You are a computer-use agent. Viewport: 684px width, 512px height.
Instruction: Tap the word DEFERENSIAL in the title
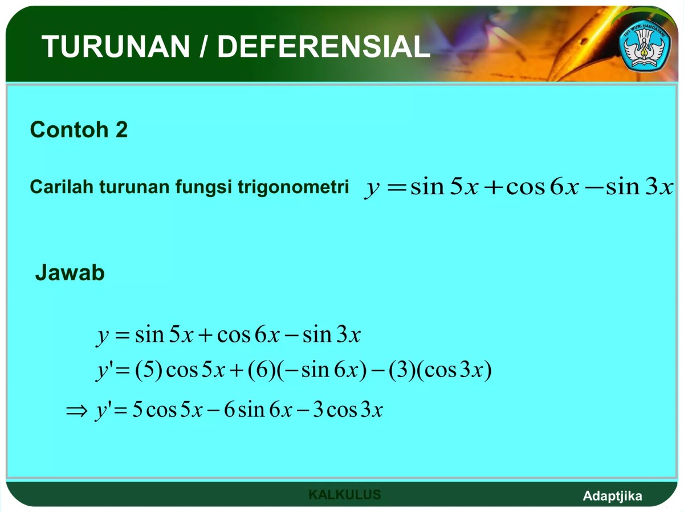[x=324, y=47]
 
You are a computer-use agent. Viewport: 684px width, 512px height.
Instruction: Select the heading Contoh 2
[x=79, y=130]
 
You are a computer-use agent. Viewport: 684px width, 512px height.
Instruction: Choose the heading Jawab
[x=70, y=273]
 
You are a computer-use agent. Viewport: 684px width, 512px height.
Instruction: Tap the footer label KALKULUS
[x=344, y=494]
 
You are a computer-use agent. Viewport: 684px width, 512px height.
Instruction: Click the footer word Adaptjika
[x=612, y=496]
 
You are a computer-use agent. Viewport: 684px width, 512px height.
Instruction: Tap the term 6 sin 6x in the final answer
[x=258, y=410]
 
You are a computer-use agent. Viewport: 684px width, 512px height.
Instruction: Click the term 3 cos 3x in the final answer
[x=348, y=410]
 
